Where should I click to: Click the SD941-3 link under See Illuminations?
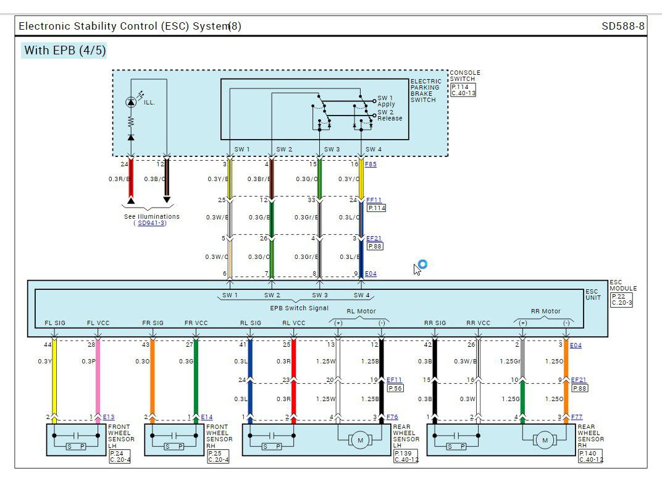[x=151, y=223]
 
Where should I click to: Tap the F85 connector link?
[x=371, y=164]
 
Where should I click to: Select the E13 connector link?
[x=109, y=417]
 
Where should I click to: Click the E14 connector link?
[x=206, y=417]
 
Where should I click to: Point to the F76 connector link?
[x=392, y=417]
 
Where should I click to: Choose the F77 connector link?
[x=577, y=417]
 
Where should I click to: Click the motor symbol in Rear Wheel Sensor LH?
[x=360, y=440]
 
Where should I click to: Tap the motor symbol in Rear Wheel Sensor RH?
[x=544, y=440]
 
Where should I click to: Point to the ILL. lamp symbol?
[x=131, y=102]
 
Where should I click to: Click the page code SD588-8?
[x=622, y=26]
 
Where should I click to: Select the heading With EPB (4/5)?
[x=64, y=51]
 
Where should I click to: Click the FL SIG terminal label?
[x=55, y=323]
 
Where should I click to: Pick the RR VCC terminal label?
[x=479, y=323]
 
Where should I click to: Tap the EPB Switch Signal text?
[x=300, y=308]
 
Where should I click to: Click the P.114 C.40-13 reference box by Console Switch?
[x=463, y=90]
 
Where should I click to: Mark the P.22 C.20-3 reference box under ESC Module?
[x=621, y=300]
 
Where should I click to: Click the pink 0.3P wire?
[x=98, y=377]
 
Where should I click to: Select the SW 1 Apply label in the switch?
[x=386, y=101]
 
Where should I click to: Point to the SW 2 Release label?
[x=390, y=115]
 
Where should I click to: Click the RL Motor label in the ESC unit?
[x=361, y=312]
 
